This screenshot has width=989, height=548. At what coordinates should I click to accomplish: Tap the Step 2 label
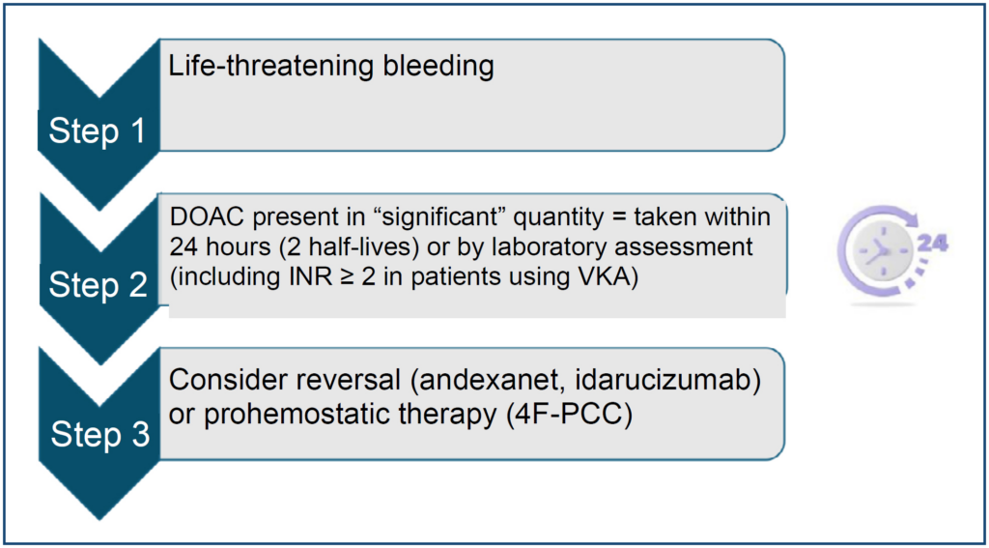point(98,285)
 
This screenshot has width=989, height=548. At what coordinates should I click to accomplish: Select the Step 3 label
point(100,435)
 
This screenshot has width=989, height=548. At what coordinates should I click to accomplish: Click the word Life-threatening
point(257,67)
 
